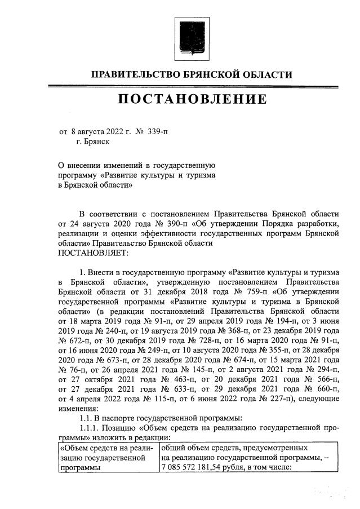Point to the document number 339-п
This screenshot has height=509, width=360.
(x=158, y=132)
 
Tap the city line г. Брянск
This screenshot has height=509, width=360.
(x=92, y=142)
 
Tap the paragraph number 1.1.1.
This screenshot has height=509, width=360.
(x=91, y=427)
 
